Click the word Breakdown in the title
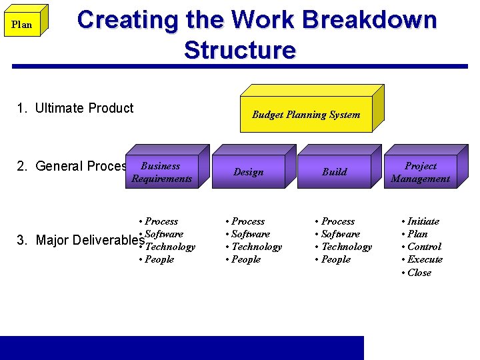coord(369,20)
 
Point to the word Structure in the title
coord(239,50)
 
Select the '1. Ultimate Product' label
coord(75,108)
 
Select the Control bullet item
coord(421,247)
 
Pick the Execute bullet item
coord(422,259)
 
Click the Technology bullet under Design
coord(254,247)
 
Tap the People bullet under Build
coord(333,259)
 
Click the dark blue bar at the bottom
coord(181,347)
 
